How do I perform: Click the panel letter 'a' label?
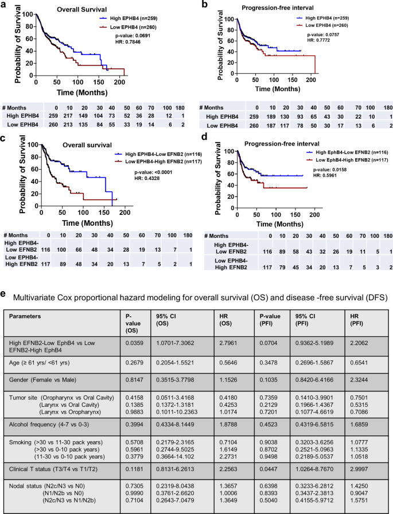tap(4, 5)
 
